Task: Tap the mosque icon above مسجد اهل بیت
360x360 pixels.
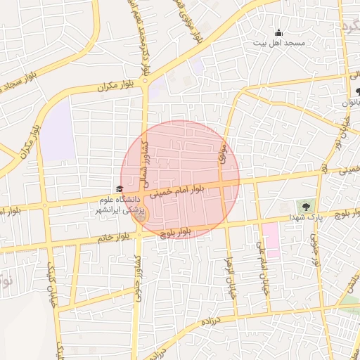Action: [x=278, y=32]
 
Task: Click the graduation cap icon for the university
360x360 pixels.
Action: [x=119, y=188]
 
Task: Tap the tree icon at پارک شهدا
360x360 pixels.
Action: [x=305, y=207]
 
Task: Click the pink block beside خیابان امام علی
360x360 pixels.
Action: [x=271, y=240]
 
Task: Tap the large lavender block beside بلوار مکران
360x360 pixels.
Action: [x=58, y=131]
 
